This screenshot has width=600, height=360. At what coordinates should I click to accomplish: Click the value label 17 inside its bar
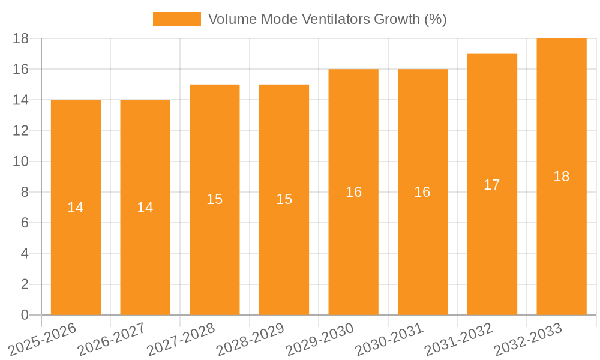click(x=492, y=185)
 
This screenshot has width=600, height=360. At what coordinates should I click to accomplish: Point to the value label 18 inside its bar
click(x=562, y=176)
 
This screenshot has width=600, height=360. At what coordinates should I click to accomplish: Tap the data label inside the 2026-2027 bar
click(x=145, y=208)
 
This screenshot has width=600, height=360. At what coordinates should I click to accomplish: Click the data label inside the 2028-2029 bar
click(x=284, y=200)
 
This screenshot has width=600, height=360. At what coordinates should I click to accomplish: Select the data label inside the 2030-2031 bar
click(x=422, y=192)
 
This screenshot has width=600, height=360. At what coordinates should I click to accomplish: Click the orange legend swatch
click(x=177, y=19)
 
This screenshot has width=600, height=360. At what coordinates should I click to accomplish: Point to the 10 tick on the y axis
click(x=21, y=161)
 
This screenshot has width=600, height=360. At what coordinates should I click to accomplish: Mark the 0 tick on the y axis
click(x=25, y=315)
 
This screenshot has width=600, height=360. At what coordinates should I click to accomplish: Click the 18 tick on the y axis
click(x=21, y=38)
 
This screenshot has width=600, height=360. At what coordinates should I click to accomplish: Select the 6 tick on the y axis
click(x=25, y=223)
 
